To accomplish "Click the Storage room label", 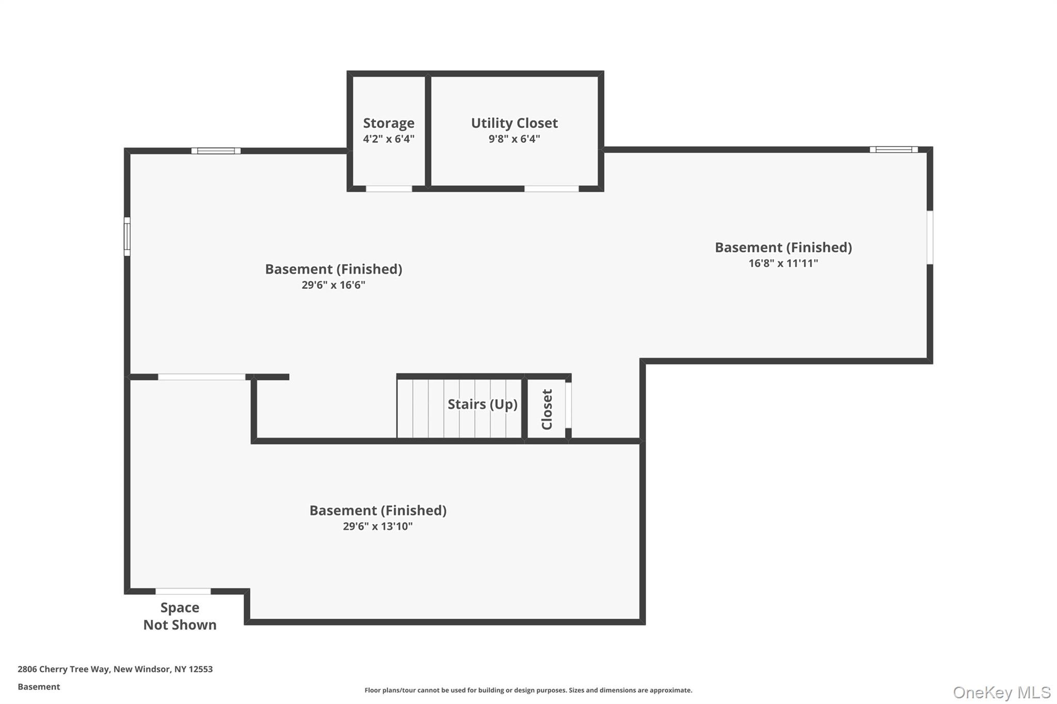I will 389,123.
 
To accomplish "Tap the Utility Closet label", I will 514,123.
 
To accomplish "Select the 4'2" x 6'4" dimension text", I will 389,139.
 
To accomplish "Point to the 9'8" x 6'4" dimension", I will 514,139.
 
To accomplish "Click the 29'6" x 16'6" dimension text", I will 333,285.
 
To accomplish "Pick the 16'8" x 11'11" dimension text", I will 783,263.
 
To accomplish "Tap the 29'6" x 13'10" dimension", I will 378,526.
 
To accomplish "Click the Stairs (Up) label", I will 482,404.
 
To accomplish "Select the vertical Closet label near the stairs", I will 547,409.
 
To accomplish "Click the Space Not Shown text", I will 180,616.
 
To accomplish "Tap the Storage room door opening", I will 389,189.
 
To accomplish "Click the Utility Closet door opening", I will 551,189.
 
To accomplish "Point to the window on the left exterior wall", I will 127,236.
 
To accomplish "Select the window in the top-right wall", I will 893,150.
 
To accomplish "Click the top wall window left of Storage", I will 216,151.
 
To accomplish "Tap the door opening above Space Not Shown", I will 183,591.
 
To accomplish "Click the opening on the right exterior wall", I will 930,237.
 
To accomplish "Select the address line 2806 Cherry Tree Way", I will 115,669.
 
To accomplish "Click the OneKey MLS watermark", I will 1001,692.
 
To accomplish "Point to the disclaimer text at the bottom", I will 528,690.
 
